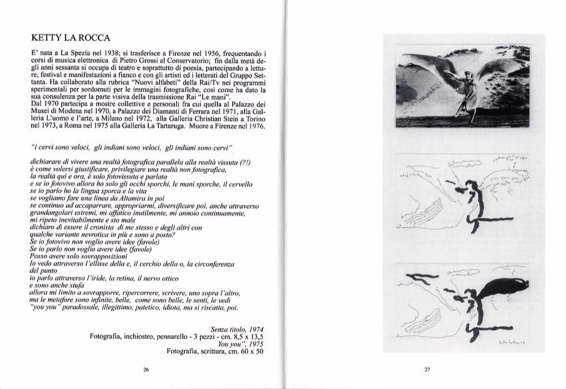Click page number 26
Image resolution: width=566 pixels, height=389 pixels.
point(146,370)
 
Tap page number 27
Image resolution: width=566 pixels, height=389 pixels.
point(427,370)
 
